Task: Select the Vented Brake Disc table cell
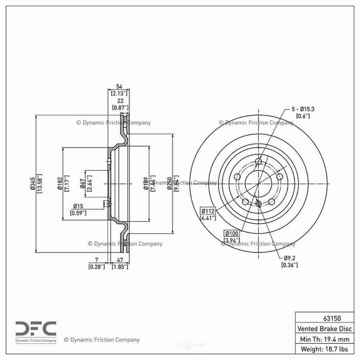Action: tap(324, 327)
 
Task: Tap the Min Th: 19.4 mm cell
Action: tap(324, 338)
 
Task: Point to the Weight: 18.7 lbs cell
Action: tap(324, 349)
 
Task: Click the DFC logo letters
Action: tap(36, 328)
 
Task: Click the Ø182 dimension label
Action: tap(59, 183)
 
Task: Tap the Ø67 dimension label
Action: tap(82, 183)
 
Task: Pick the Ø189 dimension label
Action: tap(146, 183)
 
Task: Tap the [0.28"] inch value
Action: tap(96, 266)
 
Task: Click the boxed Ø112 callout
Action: tap(208, 211)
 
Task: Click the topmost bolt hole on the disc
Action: tap(258, 162)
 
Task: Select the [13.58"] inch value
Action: tap(41, 183)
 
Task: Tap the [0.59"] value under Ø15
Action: tap(78, 214)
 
